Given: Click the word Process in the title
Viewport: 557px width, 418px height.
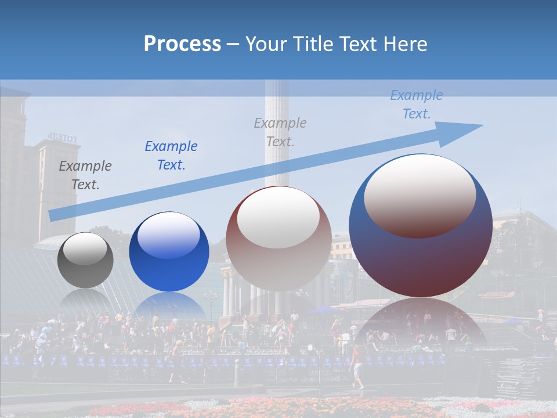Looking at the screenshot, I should (x=182, y=44).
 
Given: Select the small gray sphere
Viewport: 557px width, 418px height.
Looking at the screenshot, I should (x=85, y=260).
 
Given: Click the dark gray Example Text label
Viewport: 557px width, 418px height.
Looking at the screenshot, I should (x=85, y=175).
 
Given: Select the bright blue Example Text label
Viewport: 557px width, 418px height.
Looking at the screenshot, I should (x=171, y=156).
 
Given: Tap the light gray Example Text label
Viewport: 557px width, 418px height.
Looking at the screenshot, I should (x=280, y=132).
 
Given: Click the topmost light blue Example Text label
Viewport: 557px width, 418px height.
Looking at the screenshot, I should (x=416, y=105).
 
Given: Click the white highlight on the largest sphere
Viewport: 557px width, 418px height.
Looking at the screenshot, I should (x=419, y=194).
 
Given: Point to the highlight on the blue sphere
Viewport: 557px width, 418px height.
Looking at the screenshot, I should (x=168, y=235).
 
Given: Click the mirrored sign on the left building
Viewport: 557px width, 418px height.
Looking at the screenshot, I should (x=62, y=138).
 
